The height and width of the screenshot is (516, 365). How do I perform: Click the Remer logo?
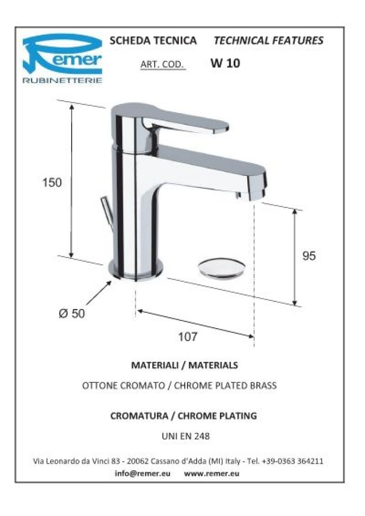tap(62, 58)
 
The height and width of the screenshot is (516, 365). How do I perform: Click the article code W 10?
tap(225, 63)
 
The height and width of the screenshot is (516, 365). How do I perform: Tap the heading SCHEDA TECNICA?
tap(153, 40)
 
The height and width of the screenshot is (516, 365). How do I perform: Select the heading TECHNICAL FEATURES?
tap(268, 40)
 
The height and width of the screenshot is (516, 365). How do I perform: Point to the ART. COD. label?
tap(162, 64)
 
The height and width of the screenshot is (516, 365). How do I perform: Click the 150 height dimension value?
tap(52, 182)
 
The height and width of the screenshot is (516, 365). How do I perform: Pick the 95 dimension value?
tap(309, 256)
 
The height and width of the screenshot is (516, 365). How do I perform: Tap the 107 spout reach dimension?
tap(188, 336)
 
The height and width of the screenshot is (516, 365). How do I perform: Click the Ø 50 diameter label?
tap(72, 313)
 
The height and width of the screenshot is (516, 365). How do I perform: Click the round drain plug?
tap(222, 268)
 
